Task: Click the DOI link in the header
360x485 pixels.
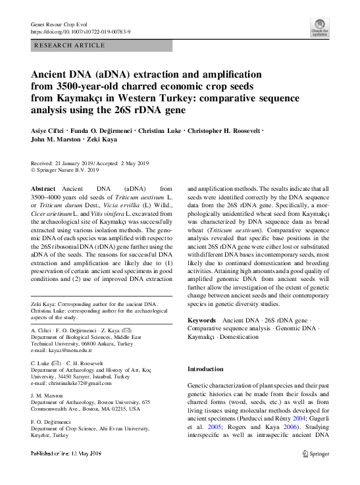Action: click(82, 30)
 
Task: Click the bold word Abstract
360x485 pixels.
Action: click(43, 188)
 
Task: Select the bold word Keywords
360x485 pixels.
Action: click(202, 319)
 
